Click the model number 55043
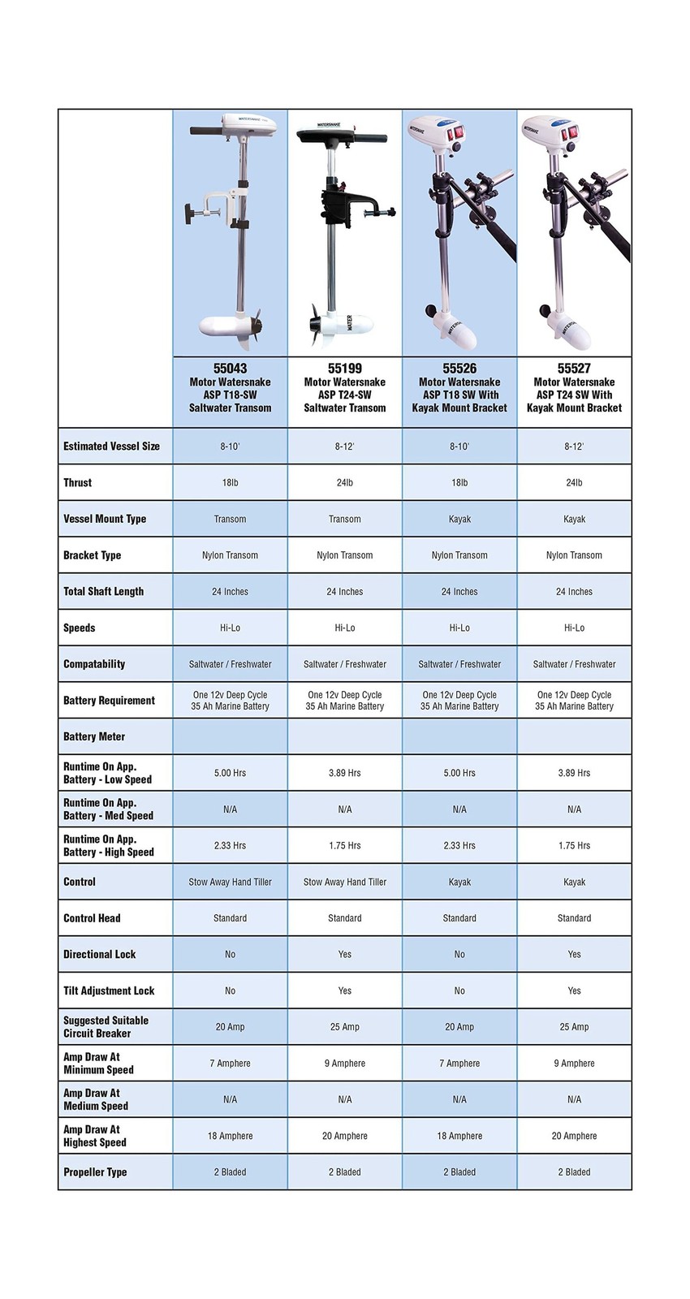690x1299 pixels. (230, 369)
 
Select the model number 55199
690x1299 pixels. (345, 369)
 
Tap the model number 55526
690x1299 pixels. (459, 369)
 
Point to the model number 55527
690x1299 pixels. (574, 369)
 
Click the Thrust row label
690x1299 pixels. (78, 482)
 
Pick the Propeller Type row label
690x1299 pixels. (95, 1172)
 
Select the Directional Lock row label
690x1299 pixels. (99, 954)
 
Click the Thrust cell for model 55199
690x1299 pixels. (345, 482)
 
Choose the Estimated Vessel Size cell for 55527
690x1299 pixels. (574, 446)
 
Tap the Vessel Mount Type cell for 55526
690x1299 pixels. (459, 519)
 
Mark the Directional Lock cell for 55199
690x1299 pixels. (345, 954)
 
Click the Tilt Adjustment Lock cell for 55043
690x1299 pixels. (230, 990)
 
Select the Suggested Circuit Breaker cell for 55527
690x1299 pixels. (574, 1027)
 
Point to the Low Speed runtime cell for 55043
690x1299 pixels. (230, 773)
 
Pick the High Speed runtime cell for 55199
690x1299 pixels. (345, 845)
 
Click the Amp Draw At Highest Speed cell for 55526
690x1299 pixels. (459, 1136)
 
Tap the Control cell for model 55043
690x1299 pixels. (230, 882)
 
